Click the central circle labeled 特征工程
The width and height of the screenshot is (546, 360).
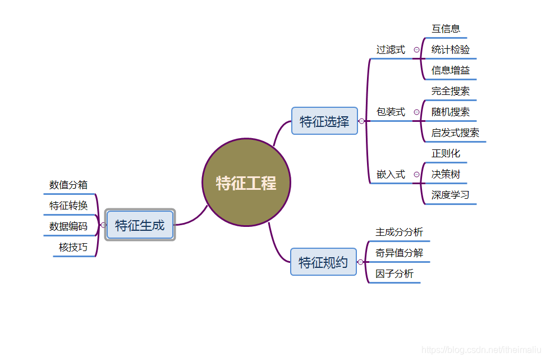(x=246, y=183)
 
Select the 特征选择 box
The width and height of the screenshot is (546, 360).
(x=324, y=121)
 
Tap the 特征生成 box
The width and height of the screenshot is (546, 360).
(x=140, y=225)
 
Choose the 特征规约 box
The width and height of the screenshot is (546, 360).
(x=323, y=262)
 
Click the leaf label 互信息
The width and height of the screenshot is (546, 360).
(x=446, y=29)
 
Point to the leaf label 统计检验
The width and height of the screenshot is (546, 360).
(x=451, y=49)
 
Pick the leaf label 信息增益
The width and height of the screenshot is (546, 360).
(x=451, y=70)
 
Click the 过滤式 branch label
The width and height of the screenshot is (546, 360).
(x=391, y=49)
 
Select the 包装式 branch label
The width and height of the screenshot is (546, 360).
(x=391, y=112)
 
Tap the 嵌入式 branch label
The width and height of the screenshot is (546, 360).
(x=391, y=174)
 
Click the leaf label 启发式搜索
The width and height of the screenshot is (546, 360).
(x=455, y=133)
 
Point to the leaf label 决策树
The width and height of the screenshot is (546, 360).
(x=446, y=174)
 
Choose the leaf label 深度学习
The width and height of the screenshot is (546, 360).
(x=450, y=195)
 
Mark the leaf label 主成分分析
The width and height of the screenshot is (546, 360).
(x=399, y=232)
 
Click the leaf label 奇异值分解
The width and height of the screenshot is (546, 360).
(x=399, y=253)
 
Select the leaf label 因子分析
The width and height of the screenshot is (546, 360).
(x=394, y=274)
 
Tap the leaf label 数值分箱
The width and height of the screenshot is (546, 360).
(x=68, y=184)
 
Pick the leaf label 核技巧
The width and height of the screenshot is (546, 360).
(x=73, y=247)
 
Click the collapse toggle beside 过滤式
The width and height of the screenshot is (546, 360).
(x=416, y=49)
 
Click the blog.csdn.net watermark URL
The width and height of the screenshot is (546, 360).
(x=481, y=350)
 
